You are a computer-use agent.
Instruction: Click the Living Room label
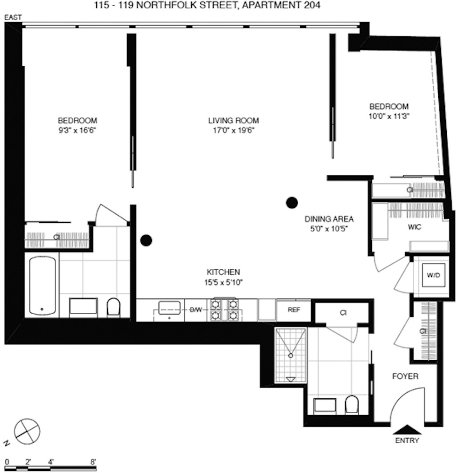[x=233, y=120]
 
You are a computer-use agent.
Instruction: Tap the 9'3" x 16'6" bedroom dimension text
[x=77, y=131]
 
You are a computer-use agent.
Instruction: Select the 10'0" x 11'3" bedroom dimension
[x=389, y=116]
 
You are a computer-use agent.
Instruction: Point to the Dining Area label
[x=329, y=219]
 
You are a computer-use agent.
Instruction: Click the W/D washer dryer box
[x=433, y=275]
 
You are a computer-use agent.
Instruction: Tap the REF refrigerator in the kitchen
[x=294, y=310]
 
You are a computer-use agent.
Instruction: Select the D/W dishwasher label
[x=196, y=310]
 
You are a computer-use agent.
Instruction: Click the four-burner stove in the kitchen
[x=225, y=310]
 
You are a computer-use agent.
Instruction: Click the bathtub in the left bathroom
[x=42, y=285]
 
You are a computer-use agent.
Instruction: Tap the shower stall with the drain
[x=291, y=355]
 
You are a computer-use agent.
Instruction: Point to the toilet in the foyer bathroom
[x=351, y=405]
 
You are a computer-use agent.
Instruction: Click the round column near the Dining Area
[x=292, y=203]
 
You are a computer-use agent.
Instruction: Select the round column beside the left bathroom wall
[x=146, y=240]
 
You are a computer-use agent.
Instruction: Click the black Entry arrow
[x=407, y=429]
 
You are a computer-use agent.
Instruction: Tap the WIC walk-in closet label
[x=414, y=227]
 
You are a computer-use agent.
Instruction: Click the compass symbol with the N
[x=27, y=431]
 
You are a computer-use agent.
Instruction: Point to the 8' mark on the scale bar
[x=93, y=462]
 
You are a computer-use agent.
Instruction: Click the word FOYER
[x=405, y=376]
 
